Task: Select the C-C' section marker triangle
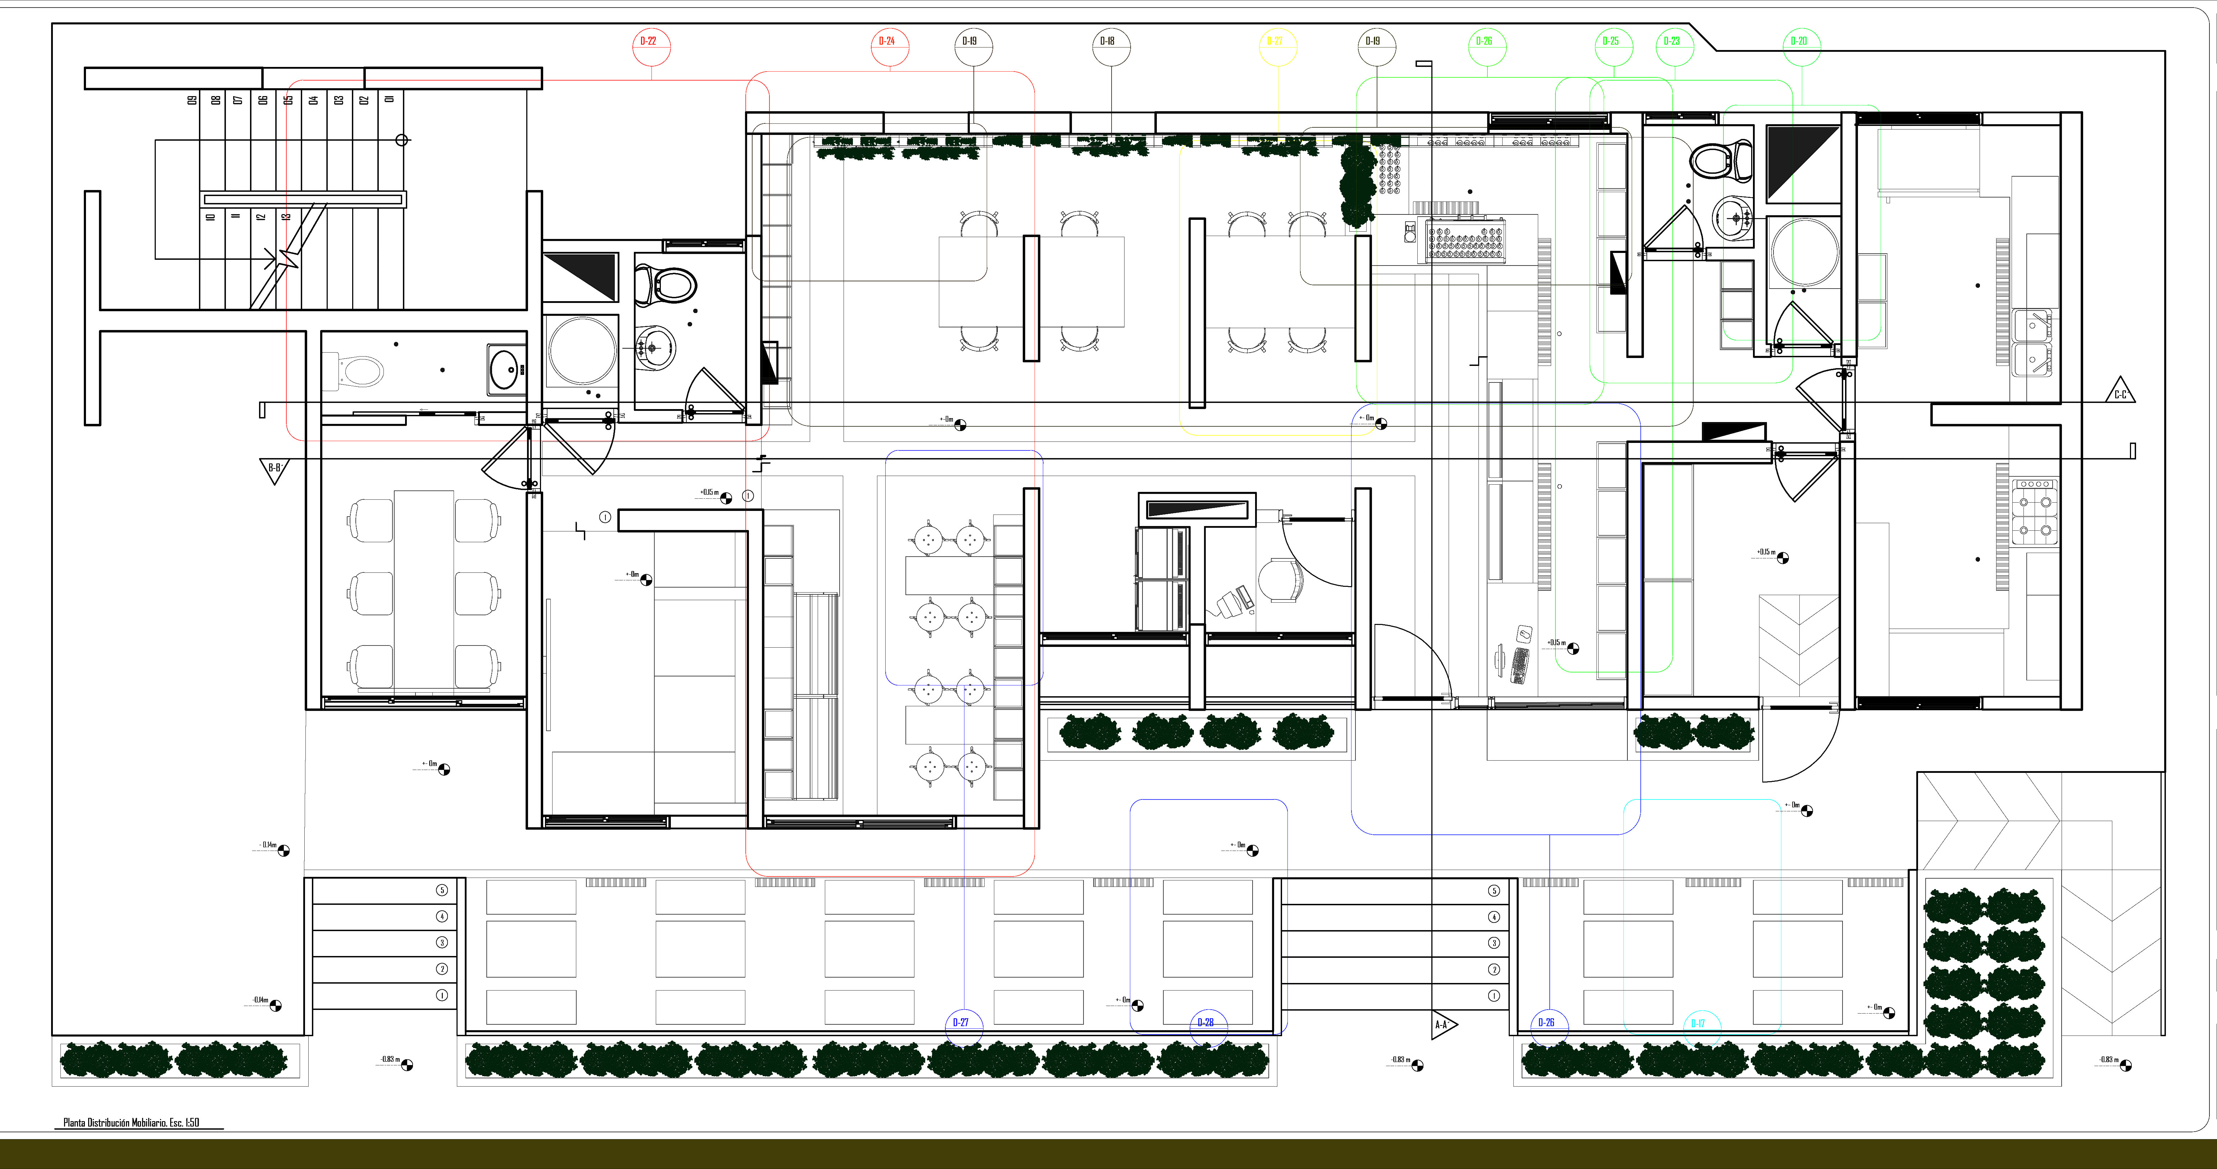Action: coord(2121,392)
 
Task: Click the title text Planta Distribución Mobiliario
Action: coord(131,1123)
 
